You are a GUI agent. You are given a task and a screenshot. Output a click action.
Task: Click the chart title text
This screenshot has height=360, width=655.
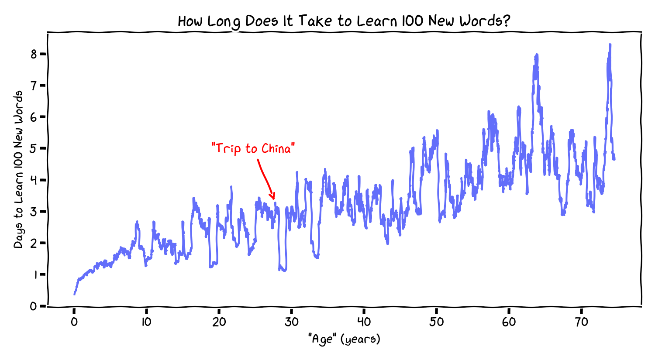tap(344, 21)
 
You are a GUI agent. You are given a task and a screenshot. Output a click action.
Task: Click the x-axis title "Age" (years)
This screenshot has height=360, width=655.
tap(344, 339)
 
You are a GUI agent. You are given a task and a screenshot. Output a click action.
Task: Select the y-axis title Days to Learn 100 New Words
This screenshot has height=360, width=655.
tap(18, 169)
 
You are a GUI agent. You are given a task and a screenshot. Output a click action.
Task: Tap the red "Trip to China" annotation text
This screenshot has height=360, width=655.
tap(253, 149)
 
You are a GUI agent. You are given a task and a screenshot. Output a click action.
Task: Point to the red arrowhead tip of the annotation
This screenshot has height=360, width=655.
tap(274, 199)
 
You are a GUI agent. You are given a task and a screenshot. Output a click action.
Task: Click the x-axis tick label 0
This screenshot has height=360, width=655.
tap(74, 322)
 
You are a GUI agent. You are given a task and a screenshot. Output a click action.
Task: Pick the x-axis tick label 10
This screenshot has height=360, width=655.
tap(146, 322)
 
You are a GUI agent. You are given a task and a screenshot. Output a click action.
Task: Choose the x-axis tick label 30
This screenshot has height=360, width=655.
tap(291, 322)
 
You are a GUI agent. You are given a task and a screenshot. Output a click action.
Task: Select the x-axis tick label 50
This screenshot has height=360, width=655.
tap(436, 322)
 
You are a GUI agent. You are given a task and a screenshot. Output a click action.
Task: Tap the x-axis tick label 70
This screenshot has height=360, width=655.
tap(581, 322)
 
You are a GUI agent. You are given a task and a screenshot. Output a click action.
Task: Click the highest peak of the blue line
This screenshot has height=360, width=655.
tap(610, 45)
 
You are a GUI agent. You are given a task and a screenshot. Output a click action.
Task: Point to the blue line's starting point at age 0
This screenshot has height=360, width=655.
tap(74, 294)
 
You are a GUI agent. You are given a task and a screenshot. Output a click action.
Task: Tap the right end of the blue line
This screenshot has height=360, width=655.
tap(614, 159)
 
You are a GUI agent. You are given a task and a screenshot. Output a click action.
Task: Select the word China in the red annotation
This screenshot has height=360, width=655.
tap(276, 149)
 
